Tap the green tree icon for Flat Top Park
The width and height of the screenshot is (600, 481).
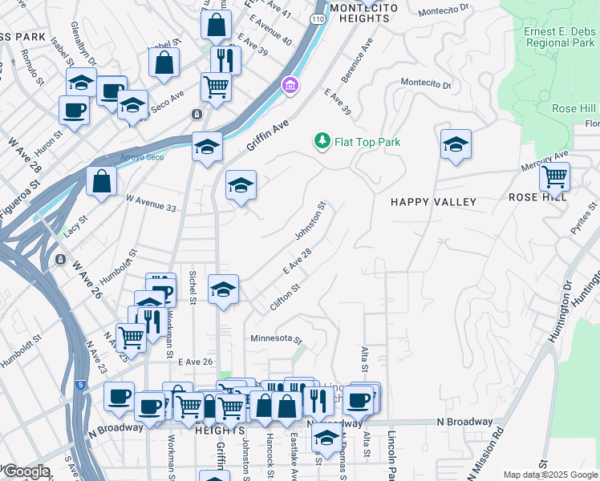[322, 141]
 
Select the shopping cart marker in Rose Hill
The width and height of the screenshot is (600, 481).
[554, 176]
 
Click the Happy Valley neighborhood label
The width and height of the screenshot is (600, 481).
[433, 202]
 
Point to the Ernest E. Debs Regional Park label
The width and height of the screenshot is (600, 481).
[557, 38]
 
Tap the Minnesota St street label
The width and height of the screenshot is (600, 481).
[275, 339]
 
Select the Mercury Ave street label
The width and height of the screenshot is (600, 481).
[549, 157]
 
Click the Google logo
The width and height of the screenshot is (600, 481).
[26, 471]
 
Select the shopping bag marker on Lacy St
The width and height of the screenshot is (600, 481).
[102, 181]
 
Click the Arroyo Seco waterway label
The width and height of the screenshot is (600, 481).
[142, 156]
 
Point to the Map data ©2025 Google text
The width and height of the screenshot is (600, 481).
[549, 475]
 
